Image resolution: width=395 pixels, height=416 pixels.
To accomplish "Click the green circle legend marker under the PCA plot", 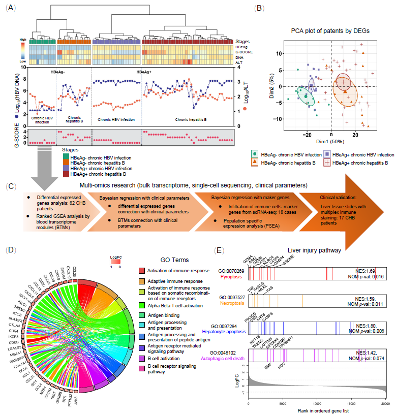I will pyautogui.click(x=255, y=153).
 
